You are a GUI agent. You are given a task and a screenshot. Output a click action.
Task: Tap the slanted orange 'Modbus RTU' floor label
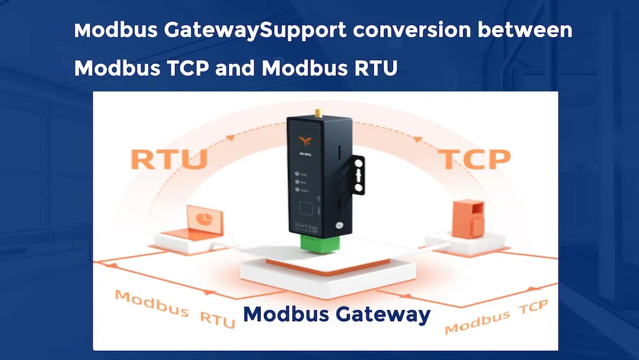tap(174, 308)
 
